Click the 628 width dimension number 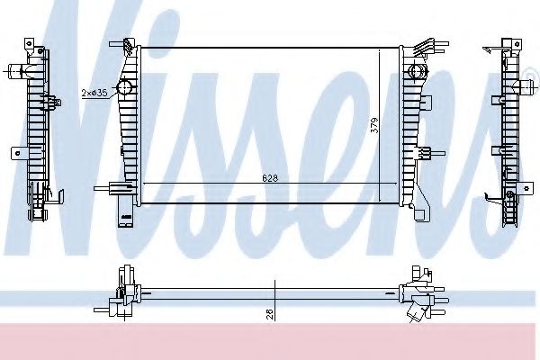click(270, 178)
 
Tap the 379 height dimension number click(374, 125)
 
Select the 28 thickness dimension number click(270, 313)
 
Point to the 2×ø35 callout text click(94, 93)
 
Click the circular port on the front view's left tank click(124, 87)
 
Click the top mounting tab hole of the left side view click(30, 44)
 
